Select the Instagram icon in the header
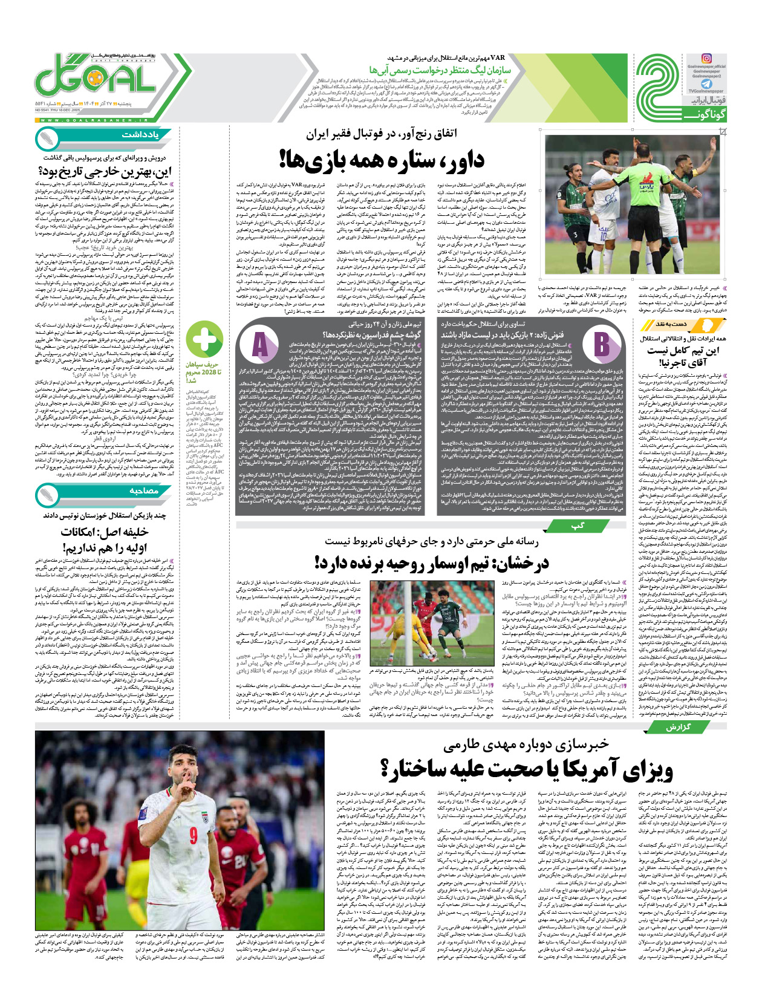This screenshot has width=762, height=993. tap(706, 59)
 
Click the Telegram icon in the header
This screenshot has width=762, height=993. tap(706, 85)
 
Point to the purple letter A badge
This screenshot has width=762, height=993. tap(260, 345)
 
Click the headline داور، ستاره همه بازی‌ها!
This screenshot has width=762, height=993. tap(382, 160)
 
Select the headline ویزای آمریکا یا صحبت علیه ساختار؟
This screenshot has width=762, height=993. tap(526, 769)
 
